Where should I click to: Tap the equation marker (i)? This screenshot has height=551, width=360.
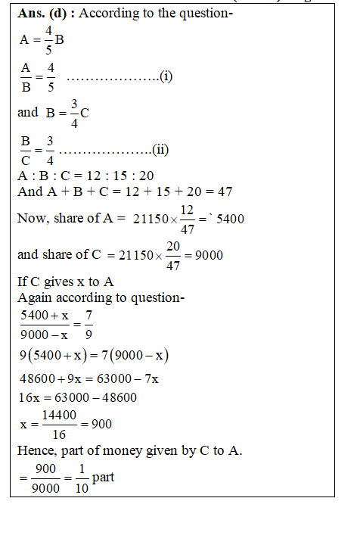167,76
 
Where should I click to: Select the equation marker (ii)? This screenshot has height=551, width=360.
160,149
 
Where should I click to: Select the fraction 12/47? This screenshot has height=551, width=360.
188,219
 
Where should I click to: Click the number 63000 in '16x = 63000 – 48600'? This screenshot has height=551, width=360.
76,397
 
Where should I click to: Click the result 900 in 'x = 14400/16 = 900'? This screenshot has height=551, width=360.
101,425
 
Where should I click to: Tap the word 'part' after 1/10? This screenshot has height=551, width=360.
104,478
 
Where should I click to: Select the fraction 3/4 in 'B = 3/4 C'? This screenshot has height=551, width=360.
73,113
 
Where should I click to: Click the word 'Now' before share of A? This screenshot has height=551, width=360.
31,219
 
